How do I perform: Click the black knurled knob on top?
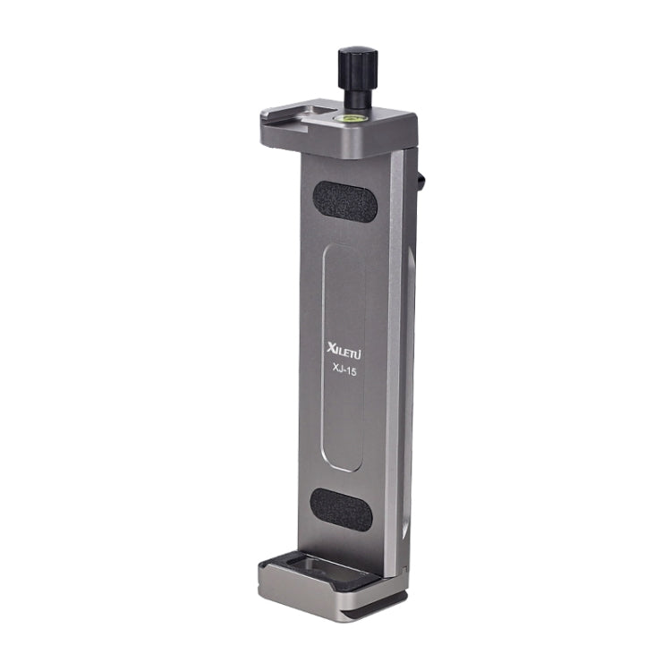[356, 65]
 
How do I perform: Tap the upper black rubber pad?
[344, 201]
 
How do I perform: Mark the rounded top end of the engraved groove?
[343, 250]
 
